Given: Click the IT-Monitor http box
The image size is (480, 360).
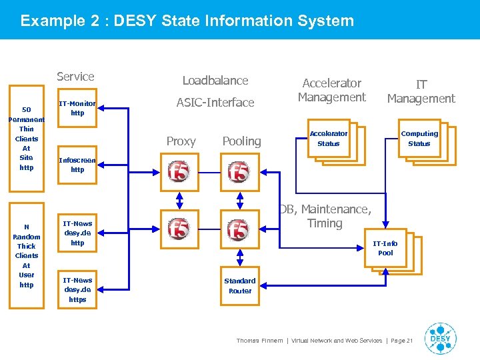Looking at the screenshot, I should pos(77,109).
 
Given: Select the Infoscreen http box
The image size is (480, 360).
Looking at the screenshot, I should pos(77,165).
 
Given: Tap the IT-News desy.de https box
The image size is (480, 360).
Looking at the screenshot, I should pos(77,290).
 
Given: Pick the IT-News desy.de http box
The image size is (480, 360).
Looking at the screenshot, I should pos(77,233).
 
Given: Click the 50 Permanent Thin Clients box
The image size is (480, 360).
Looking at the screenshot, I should pos(26,138).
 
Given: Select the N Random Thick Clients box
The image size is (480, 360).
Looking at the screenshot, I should pos(26,256).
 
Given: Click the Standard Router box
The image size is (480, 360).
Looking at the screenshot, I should pos(240,286).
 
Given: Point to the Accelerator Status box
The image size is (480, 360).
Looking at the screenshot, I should pos(328,139).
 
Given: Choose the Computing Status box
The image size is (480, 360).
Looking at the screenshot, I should pos(419,139).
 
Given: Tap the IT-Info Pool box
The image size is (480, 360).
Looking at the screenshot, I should pos(385,249).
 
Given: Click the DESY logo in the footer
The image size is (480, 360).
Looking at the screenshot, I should pos(440,339).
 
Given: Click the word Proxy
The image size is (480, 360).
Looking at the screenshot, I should pos(181,141).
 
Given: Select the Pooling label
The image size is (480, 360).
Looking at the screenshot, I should pos(241,141).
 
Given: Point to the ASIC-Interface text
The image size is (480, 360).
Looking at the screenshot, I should pos(215,103).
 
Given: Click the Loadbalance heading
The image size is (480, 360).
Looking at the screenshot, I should pos(215,81).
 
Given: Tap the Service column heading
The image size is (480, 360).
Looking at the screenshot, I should pos(75,77).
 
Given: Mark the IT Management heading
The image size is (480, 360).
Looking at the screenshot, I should pos(421,91).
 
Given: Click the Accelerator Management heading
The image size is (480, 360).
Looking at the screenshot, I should pos(331,90).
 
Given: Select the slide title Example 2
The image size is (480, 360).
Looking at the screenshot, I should pos(187,21).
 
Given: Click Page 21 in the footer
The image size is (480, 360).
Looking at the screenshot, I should pos(401,341).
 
